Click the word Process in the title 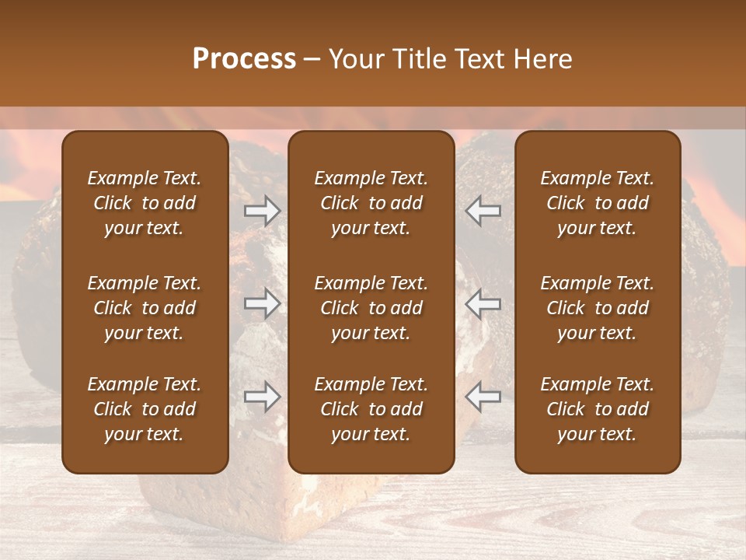click(244, 59)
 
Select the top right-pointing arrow click(262, 211)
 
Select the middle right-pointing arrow click(262, 304)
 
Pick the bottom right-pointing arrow click(262, 397)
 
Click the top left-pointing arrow click(483, 211)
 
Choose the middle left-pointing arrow click(483, 304)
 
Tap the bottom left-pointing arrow click(483, 397)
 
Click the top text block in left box click(145, 203)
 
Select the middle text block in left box click(145, 308)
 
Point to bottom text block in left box click(145, 409)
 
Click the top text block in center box click(371, 203)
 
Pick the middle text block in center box click(371, 308)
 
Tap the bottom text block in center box click(371, 409)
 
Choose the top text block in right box click(597, 203)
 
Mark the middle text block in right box click(597, 308)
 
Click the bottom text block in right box click(597, 409)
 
